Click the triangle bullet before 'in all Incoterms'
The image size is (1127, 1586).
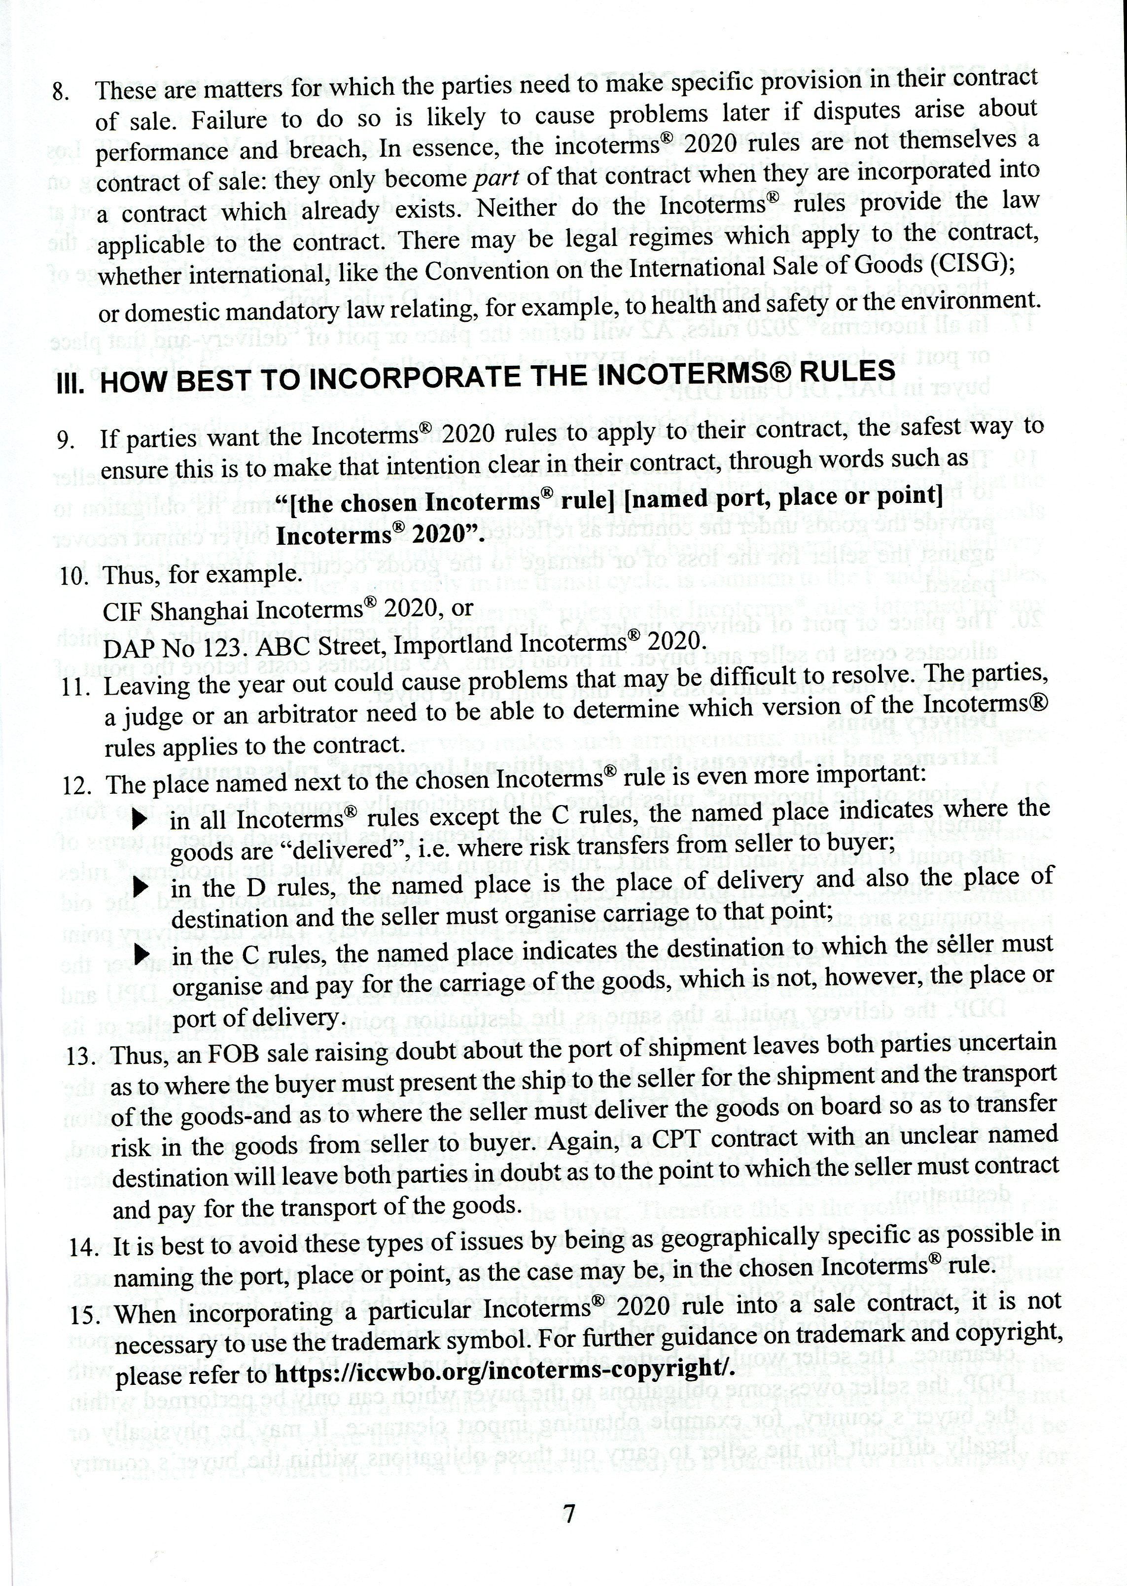(140, 819)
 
